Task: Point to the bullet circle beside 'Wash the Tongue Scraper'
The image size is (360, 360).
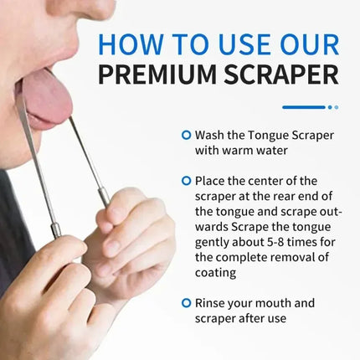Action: (x=186, y=134)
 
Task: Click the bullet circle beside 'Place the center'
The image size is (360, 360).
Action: (x=186, y=179)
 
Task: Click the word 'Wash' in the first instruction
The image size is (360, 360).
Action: (x=209, y=134)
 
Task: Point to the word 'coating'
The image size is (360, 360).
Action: (x=217, y=272)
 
